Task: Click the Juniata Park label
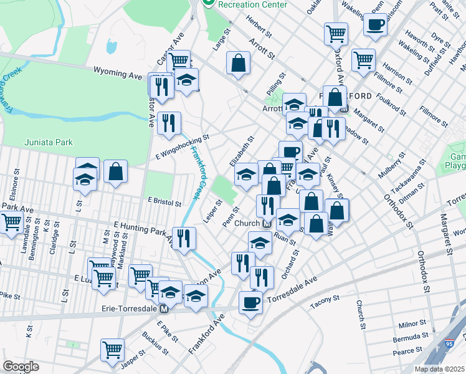[49, 142]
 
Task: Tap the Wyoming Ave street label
[118, 73]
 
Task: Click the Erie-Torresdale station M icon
[164, 309]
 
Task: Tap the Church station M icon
[267, 223]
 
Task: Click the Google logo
[21, 367]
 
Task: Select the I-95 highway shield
[458, 340]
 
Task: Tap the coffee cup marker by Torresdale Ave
[250, 302]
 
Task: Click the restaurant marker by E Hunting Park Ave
[184, 238]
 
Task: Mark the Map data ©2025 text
[440, 369]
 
